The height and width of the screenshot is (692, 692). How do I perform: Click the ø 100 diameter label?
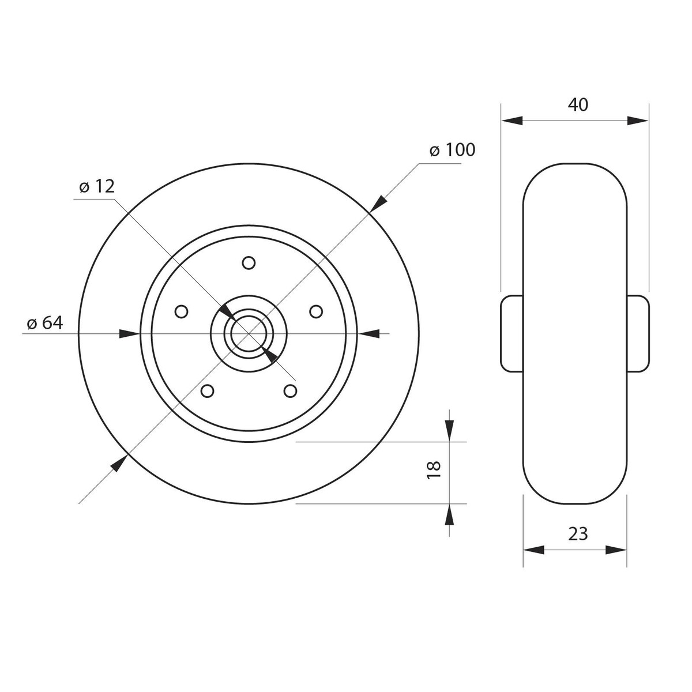452,150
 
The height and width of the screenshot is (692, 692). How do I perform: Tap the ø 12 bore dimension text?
97,187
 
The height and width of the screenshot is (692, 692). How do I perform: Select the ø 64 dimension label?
45,323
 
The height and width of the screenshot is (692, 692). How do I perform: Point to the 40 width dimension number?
578,104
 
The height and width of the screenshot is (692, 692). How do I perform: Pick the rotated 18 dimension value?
434,469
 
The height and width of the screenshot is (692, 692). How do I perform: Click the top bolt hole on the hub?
249,262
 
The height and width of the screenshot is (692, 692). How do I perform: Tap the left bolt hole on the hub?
181,312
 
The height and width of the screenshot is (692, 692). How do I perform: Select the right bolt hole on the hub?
316,312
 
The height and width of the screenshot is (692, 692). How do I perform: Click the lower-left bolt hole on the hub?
207,391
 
